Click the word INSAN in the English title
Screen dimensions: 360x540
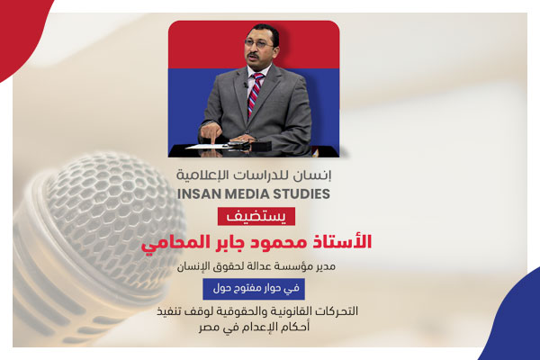click(209, 193)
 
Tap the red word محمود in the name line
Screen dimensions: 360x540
click(284, 242)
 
